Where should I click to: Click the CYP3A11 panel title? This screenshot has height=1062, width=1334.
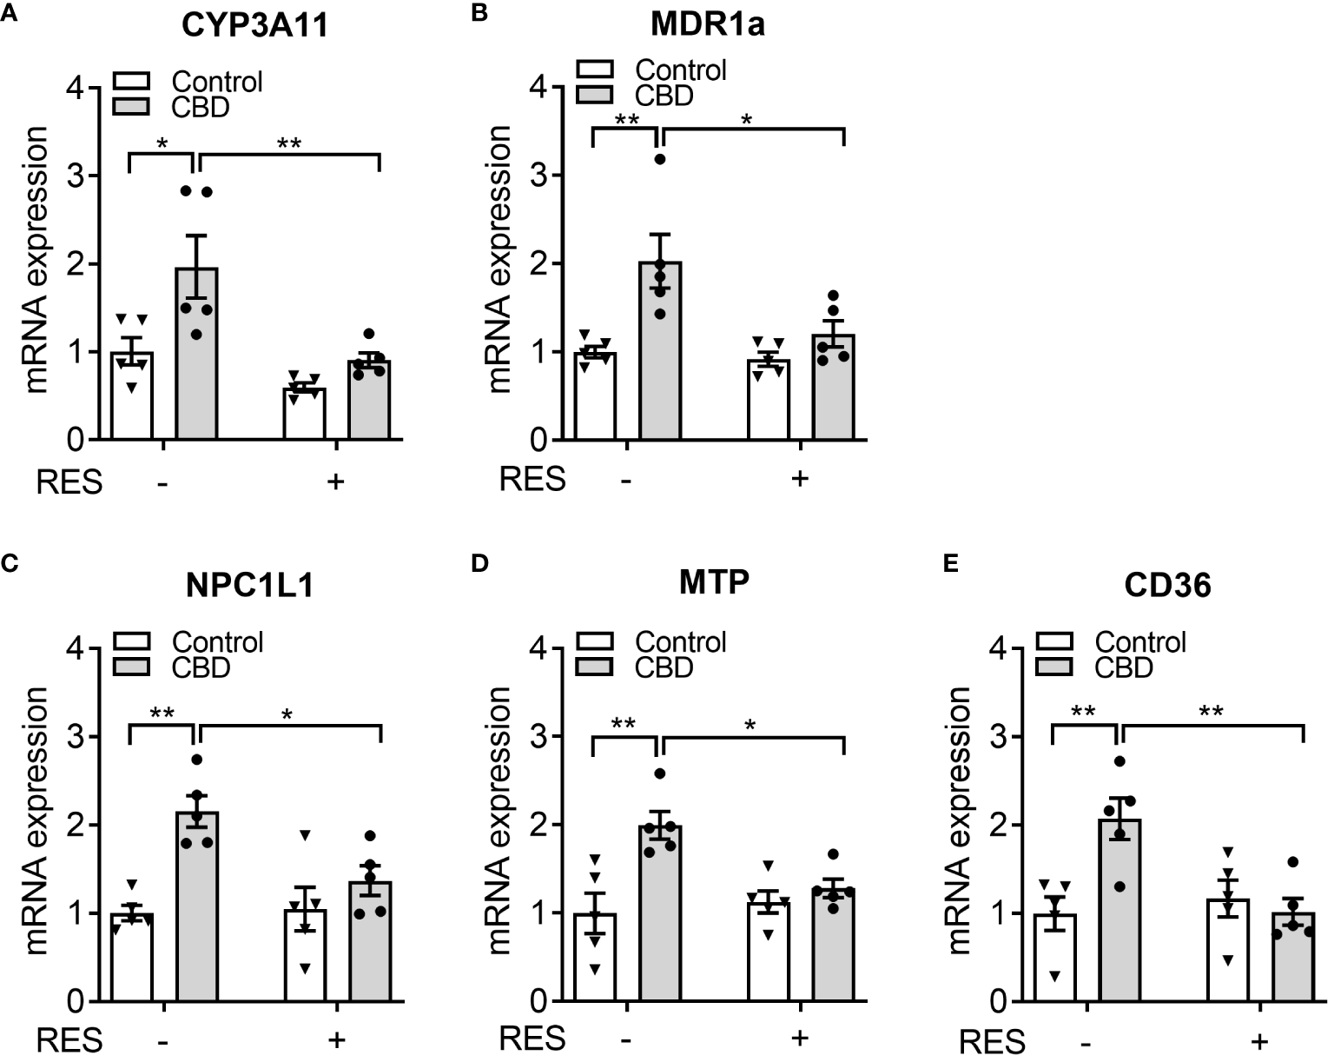255,26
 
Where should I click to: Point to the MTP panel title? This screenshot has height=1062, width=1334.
714,581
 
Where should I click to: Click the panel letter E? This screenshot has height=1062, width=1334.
950,564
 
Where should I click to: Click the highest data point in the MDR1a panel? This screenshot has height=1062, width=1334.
660,159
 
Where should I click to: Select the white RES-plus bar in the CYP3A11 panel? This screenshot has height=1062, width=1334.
304,415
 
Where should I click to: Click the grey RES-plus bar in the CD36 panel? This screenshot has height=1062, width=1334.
1294,958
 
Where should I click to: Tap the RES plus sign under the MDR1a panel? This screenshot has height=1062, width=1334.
799,478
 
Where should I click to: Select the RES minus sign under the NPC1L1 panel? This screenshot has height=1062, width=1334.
162,1039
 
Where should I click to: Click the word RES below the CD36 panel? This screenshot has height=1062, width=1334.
992,1041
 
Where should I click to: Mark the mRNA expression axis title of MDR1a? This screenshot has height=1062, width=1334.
501,259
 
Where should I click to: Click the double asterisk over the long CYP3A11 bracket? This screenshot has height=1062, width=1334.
289,143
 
